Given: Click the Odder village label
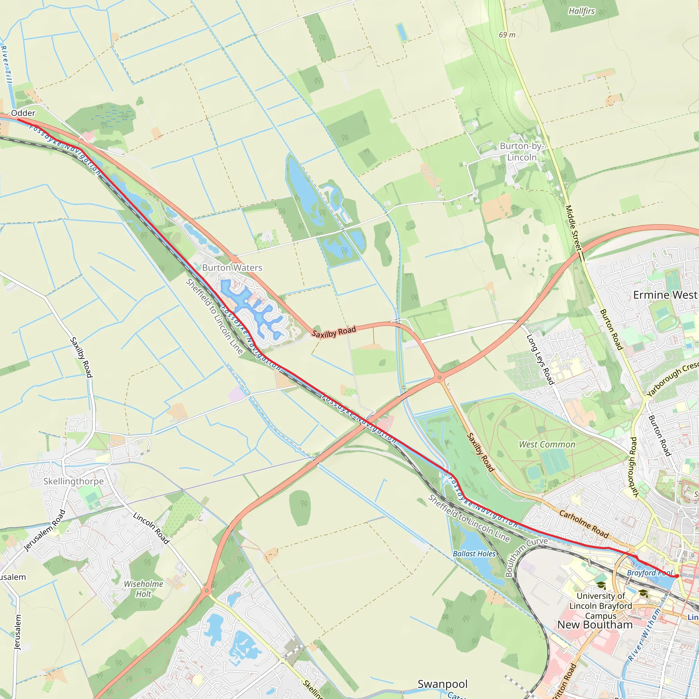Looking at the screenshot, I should tap(23, 113).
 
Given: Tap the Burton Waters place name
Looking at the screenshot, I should tap(232, 268).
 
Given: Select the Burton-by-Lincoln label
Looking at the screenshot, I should tap(522, 152).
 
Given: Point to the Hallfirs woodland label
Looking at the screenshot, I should tap(581, 11).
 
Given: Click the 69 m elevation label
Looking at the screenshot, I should tap(507, 35).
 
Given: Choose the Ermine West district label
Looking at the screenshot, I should tap(665, 295).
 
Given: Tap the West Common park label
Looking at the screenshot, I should tap(547, 444).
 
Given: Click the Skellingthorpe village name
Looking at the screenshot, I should tap(73, 481).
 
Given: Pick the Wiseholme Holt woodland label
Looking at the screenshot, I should tap(144, 589).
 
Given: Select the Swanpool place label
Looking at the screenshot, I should tap(442, 684).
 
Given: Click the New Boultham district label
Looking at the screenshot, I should tap(595, 625).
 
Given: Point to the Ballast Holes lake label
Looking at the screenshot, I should tap(474, 554).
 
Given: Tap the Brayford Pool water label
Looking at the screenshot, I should tap(650, 573).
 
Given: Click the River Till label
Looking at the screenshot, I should tap(6, 65).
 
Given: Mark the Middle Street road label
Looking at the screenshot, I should tap(573, 228).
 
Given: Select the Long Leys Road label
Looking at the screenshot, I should tap(540, 359).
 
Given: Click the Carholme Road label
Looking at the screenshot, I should tap(584, 524).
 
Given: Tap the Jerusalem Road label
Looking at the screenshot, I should tap(45, 530).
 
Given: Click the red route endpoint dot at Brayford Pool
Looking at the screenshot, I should tap(676, 576).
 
